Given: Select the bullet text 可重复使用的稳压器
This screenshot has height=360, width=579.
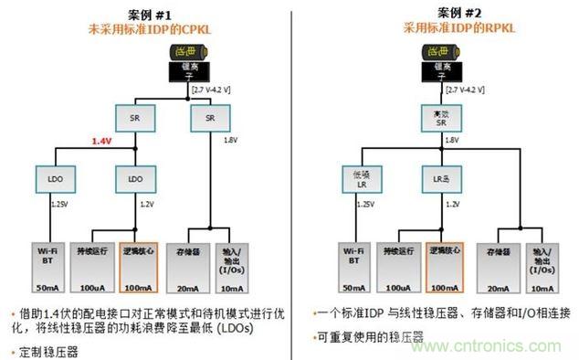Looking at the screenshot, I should [373, 336].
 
